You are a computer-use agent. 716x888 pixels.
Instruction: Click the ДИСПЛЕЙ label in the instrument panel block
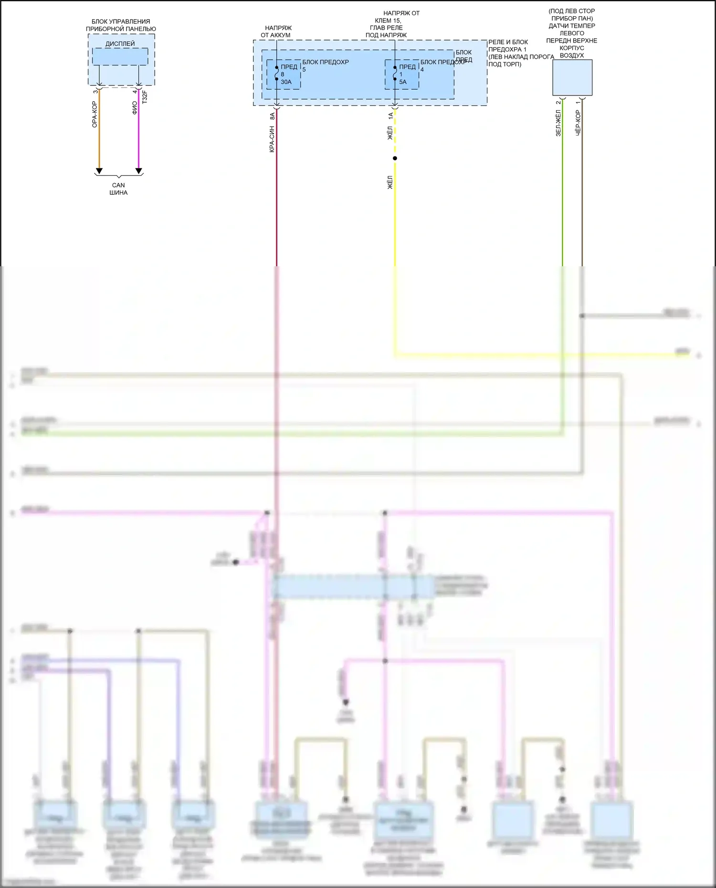[x=120, y=44]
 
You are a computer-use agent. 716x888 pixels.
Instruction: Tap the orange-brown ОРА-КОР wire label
[x=95, y=115]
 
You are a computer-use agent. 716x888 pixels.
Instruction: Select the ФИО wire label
[x=135, y=108]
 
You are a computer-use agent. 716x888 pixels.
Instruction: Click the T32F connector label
[x=145, y=97]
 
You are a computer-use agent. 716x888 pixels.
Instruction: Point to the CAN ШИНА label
[x=118, y=189]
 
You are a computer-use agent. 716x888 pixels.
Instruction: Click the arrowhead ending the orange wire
[x=99, y=171]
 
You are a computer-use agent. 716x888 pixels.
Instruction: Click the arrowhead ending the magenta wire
[x=139, y=171]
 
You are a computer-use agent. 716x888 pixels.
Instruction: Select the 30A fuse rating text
[x=286, y=82]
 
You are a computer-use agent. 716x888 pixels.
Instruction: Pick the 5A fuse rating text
[x=403, y=82]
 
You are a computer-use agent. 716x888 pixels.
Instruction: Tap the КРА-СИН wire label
[x=272, y=139]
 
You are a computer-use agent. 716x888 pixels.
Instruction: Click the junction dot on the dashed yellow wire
[x=395, y=158]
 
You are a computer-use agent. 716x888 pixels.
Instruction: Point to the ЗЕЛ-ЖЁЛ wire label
[x=558, y=123]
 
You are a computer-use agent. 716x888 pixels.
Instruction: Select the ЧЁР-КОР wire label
[x=578, y=123]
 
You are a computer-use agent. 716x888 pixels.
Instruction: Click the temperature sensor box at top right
[x=572, y=77]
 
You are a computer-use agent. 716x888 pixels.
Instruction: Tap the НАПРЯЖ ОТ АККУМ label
[x=276, y=31]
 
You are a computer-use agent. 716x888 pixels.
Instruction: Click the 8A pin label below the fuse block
[x=272, y=115]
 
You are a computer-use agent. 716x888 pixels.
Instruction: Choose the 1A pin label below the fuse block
[x=390, y=115]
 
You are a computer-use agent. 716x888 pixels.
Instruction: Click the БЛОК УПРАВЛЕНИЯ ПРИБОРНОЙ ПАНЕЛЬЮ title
[x=121, y=25]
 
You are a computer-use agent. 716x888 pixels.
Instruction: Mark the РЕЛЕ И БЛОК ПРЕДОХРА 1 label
[x=508, y=46]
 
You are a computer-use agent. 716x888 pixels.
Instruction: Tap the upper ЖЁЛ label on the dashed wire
[x=390, y=133]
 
